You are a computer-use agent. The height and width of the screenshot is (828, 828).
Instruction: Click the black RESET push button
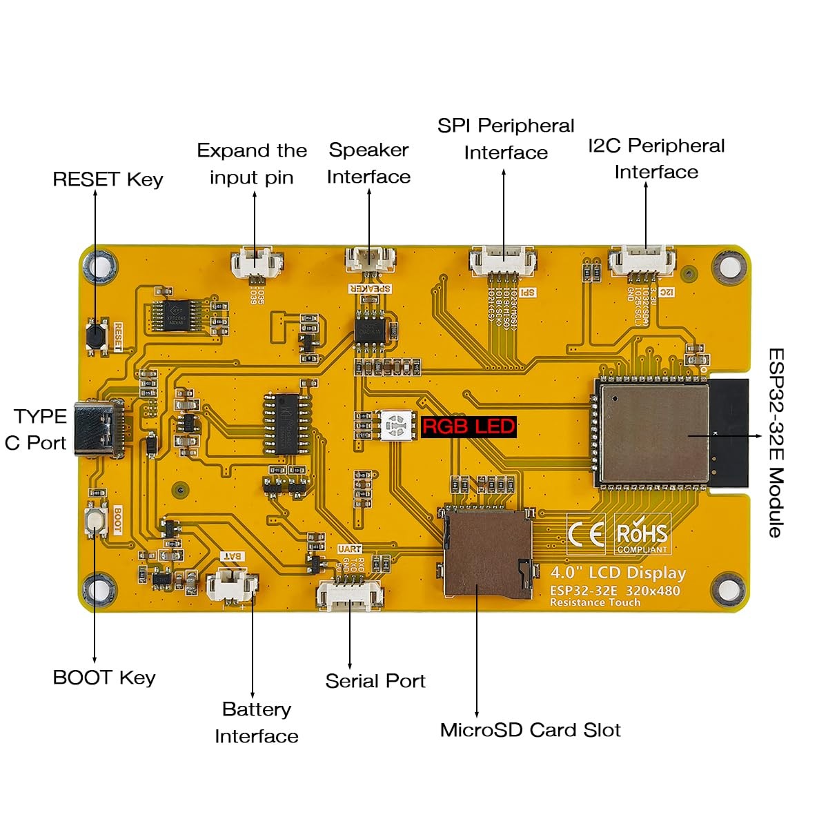click(x=95, y=336)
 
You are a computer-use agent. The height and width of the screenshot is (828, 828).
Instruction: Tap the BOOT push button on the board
click(x=96, y=520)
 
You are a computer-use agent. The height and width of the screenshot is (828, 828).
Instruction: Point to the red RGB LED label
click(x=469, y=426)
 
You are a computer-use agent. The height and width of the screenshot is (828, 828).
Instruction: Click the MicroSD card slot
click(x=487, y=553)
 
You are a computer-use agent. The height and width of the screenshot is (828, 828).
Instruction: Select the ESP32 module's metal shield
click(x=653, y=433)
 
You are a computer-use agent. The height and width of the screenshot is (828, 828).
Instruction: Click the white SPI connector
click(x=503, y=261)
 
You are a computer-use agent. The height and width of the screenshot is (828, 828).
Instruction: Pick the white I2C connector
click(x=642, y=261)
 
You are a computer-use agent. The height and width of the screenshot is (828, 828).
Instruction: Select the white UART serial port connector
click(x=349, y=595)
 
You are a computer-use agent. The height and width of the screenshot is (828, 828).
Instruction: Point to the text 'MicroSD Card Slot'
click(x=530, y=730)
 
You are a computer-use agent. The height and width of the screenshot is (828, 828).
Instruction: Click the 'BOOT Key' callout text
click(x=104, y=678)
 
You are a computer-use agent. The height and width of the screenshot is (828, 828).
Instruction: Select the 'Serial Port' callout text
click(x=375, y=681)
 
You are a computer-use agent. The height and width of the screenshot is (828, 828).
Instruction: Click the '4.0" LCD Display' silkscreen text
click(x=618, y=573)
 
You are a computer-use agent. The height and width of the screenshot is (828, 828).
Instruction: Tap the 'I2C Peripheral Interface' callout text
click(x=656, y=159)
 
